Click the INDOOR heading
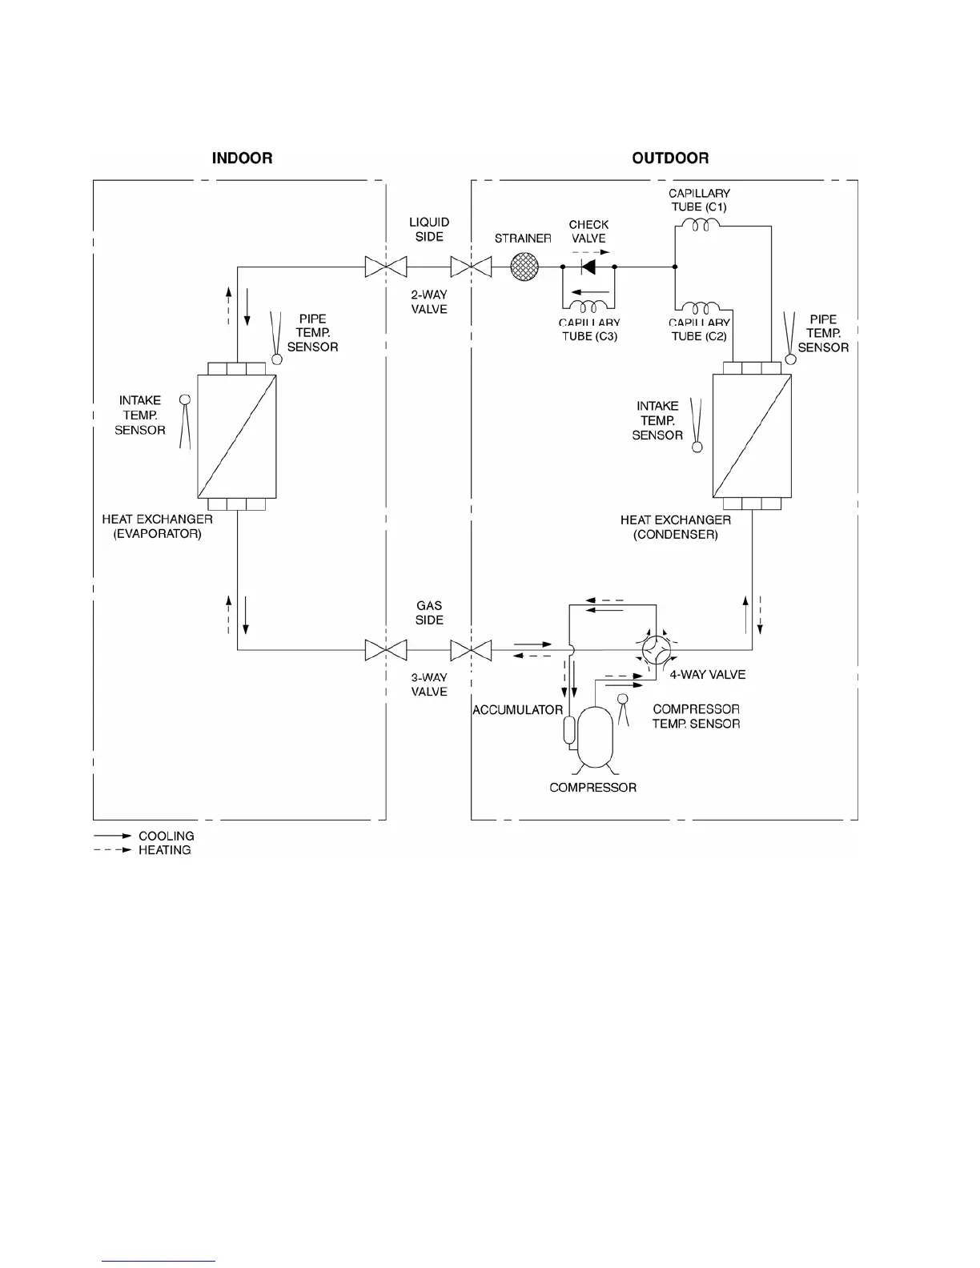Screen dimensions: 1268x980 (x=242, y=158)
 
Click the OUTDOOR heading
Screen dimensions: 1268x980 (x=670, y=158)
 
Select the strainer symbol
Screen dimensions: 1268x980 (x=524, y=267)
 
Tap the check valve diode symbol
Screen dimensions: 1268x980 (x=588, y=267)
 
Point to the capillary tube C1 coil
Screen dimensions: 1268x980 (x=700, y=227)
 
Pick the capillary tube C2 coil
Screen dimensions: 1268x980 (x=703, y=308)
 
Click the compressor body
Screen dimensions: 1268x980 (x=595, y=735)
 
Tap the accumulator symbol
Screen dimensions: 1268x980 (x=569, y=730)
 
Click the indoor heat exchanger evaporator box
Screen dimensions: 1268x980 (x=237, y=436)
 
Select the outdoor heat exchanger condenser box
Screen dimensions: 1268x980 (x=752, y=436)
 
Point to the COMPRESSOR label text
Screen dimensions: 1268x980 (x=592, y=788)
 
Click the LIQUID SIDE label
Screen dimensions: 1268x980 (x=429, y=229)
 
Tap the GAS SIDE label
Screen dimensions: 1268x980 (x=429, y=612)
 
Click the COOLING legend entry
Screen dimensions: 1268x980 (x=166, y=836)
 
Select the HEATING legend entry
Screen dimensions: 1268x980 (x=164, y=850)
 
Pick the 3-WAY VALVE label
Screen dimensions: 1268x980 (x=429, y=684)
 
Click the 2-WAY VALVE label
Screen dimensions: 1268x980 (x=429, y=302)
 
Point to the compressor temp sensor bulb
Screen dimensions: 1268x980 (x=621, y=699)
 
